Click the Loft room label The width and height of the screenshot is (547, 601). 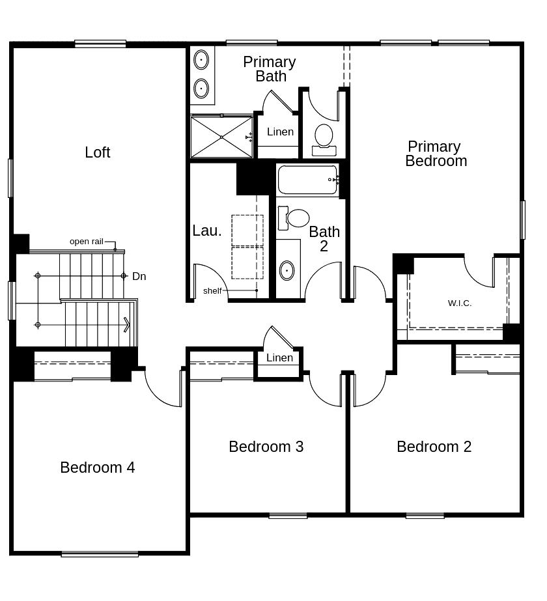tap(98, 152)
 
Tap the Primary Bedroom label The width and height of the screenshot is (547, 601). tap(436, 154)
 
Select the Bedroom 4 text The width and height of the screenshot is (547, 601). tap(98, 468)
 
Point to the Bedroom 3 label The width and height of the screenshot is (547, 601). tap(266, 447)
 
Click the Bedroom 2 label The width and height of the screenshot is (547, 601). tap(434, 447)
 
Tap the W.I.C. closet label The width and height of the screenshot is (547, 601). tap(460, 303)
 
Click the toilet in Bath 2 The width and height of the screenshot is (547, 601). tap(294, 218)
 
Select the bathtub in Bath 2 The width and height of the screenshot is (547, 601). tap(308, 180)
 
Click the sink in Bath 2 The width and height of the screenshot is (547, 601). tap(287, 271)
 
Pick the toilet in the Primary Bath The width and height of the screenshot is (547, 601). tap(324, 139)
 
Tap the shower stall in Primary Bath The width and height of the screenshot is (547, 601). tap(221, 137)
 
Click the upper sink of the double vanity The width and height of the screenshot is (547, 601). tap(201, 60)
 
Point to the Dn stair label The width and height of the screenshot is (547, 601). tap(139, 276)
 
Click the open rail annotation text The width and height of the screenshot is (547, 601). tap(86, 242)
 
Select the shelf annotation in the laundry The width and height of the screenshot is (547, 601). tap(212, 291)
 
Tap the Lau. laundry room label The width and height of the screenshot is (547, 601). tap(207, 231)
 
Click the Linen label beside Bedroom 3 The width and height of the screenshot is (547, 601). tap(279, 358)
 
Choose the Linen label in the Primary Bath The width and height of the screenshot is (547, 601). tap(280, 132)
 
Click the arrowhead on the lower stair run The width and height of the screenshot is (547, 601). tap(127, 325)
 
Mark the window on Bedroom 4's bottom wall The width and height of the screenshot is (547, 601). tap(100, 554)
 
